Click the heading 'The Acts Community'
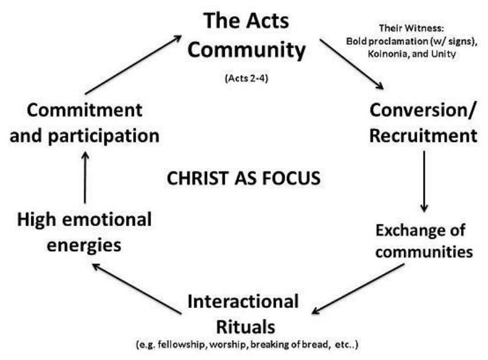pos(246,36)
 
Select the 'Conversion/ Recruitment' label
pos(423,123)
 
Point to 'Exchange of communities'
pos(423,240)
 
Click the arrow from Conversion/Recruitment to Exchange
pos(424,180)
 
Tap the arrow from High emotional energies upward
pos(85,177)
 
